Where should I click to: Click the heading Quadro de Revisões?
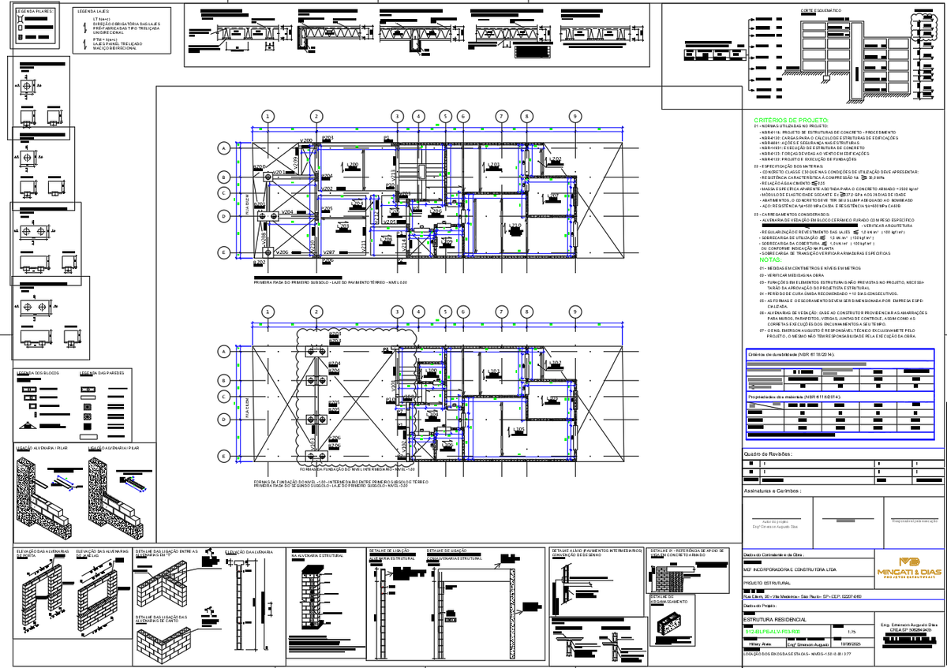[769, 454]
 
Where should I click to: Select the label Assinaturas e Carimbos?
[773, 491]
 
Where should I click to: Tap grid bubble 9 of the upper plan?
[575, 116]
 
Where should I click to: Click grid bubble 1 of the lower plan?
[269, 312]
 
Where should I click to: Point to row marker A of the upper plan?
[224, 148]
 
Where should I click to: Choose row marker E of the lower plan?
[224, 457]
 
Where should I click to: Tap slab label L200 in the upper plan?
[353, 165]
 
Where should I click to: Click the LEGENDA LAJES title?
[92, 13]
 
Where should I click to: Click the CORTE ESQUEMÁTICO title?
[821, 10]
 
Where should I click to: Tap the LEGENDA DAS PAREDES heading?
[102, 373]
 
